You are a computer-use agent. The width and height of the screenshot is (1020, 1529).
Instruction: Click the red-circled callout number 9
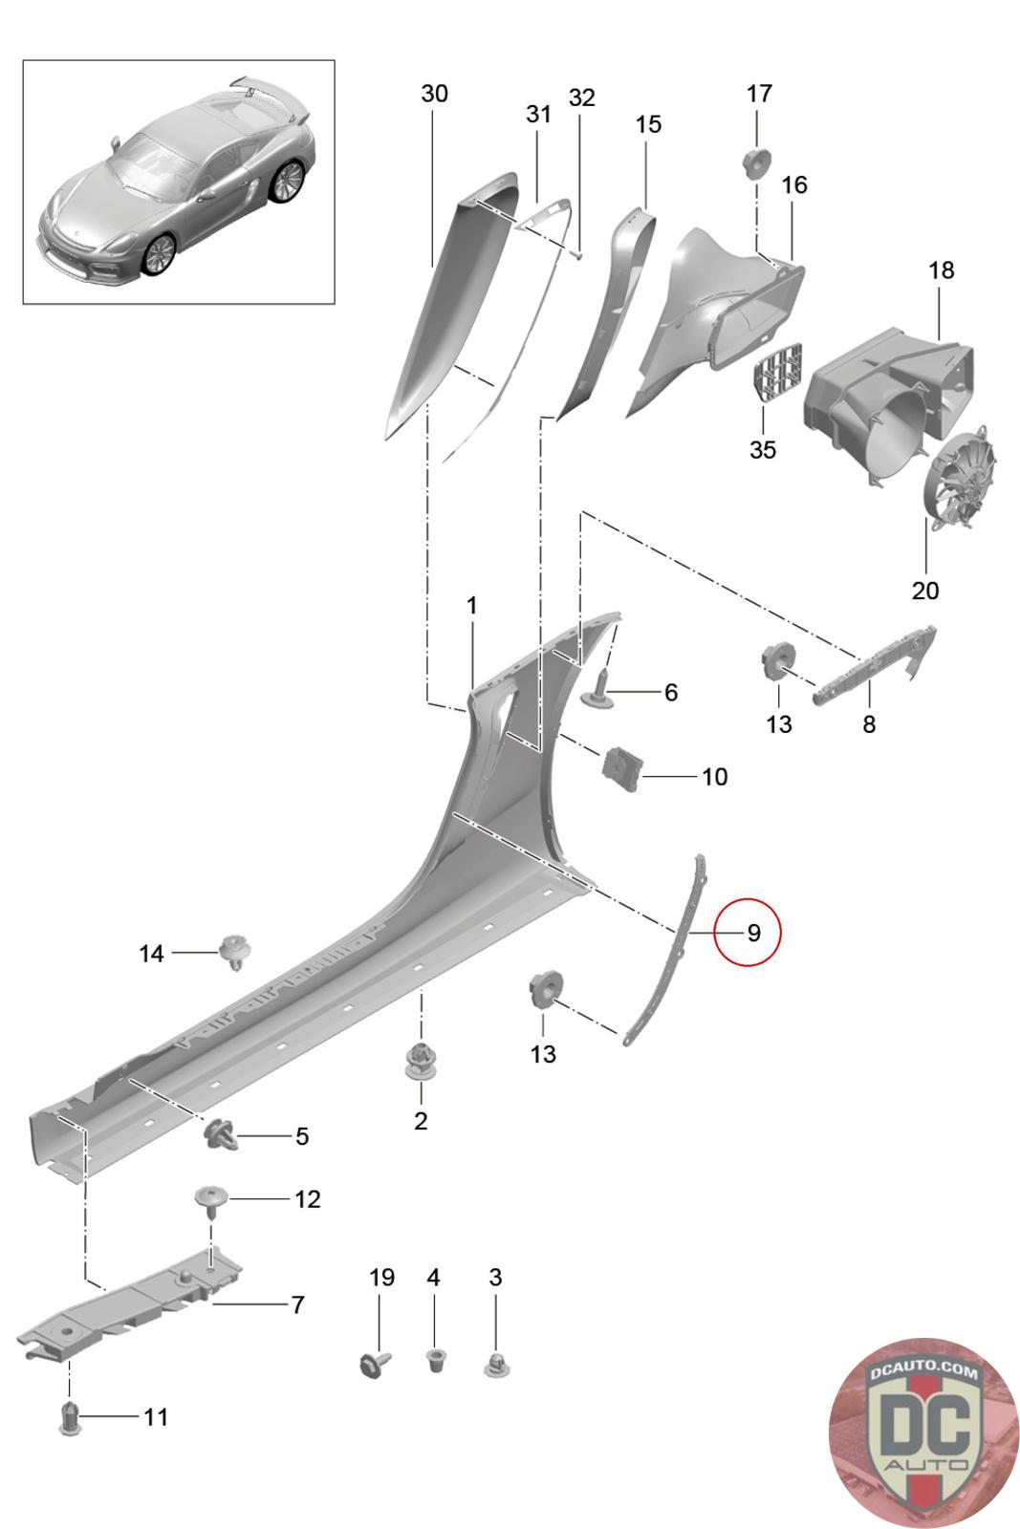(x=752, y=932)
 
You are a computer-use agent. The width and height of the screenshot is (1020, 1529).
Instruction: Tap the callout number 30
(x=434, y=94)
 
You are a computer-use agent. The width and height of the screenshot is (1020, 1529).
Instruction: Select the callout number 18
(x=941, y=270)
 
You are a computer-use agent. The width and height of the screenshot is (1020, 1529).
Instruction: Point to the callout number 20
(x=925, y=591)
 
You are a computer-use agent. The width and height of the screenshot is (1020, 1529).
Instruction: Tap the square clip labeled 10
(x=622, y=767)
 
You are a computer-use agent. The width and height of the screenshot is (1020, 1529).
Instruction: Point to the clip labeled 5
(x=219, y=1134)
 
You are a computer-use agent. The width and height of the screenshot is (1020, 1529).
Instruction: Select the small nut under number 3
(x=495, y=1364)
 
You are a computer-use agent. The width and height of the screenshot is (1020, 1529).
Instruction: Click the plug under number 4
(x=434, y=1358)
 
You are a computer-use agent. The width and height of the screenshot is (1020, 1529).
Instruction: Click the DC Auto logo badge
(x=922, y=1432)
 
